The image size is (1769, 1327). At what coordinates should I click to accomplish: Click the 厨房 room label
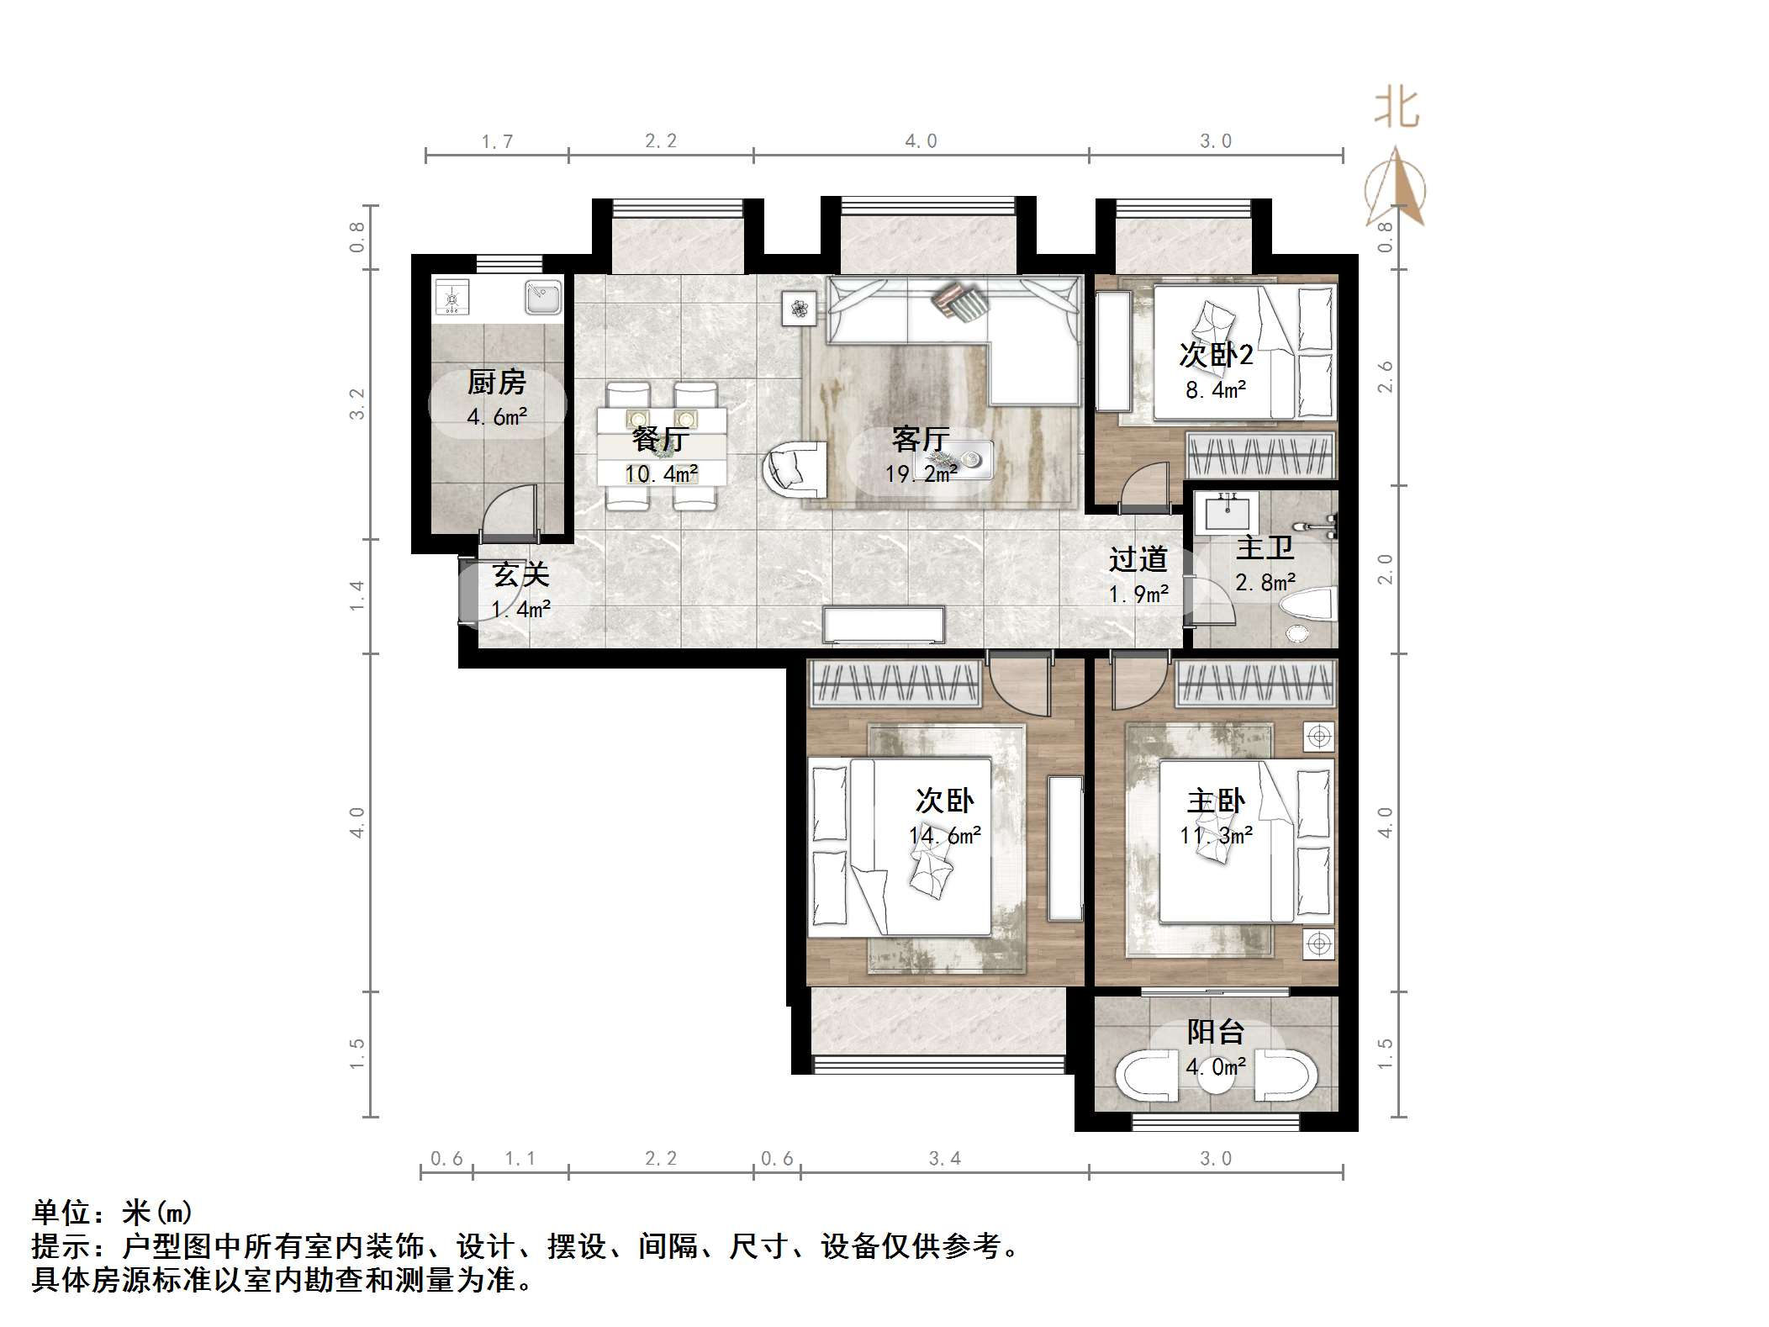click(x=496, y=383)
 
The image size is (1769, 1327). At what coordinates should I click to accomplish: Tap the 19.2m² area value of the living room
click(x=921, y=474)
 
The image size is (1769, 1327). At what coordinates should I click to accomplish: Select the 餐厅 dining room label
click(x=660, y=439)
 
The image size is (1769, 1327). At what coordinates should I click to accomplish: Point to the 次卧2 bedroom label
click(x=1216, y=355)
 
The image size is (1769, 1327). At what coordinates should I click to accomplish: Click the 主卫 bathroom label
click(x=1265, y=548)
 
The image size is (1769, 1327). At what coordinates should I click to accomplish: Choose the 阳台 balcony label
click(x=1216, y=1032)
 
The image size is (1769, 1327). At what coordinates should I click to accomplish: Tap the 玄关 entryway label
click(x=520, y=575)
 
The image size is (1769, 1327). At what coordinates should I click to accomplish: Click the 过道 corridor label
click(x=1138, y=559)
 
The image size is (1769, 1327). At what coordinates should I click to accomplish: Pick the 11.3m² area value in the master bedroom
click(x=1216, y=835)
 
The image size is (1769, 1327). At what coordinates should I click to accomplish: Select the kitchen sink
click(x=543, y=297)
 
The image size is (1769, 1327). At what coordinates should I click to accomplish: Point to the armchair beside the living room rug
click(x=795, y=469)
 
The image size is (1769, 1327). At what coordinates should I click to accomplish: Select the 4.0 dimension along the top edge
click(x=921, y=141)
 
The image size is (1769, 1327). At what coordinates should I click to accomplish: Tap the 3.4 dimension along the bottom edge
click(x=944, y=1159)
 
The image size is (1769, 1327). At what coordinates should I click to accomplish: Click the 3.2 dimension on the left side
click(x=358, y=404)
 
